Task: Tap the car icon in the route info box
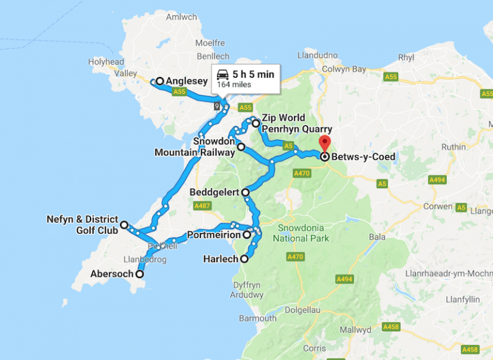coord(223,74)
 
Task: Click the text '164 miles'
coord(234,84)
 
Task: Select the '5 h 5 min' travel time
coord(253,74)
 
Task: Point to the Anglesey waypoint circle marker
coord(159,81)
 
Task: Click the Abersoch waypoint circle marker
coord(139,274)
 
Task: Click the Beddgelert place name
coord(214,192)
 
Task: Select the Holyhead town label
coord(106,62)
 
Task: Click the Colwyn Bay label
coord(344,69)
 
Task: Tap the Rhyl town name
coord(406,57)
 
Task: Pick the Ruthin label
coord(454,146)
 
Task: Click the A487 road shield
coord(201,205)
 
